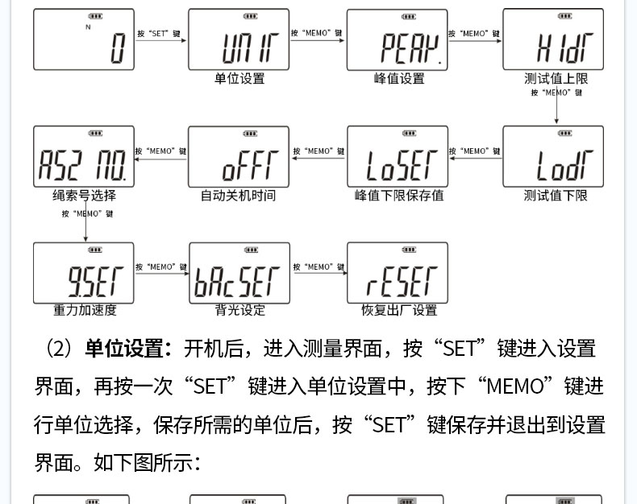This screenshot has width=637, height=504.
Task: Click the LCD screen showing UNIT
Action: (x=239, y=40)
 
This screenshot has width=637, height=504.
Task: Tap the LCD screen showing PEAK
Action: (x=397, y=40)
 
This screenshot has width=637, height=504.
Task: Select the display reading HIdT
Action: (x=553, y=40)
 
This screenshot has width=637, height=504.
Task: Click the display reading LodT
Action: (x=553, y=157)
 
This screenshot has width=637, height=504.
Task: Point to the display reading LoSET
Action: (x=397, y=157)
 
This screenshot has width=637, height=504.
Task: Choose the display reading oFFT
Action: (x=239, y=157)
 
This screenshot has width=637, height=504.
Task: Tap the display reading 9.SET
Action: (x=84, y=273)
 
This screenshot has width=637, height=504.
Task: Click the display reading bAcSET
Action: (x=239, y=273)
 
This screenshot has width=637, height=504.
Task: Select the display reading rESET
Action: (x=397, y=273)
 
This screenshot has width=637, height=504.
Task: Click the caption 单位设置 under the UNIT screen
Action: (x=239, y=79)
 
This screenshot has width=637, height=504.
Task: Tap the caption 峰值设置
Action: (x=398, y=79)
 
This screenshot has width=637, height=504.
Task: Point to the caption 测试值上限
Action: (x=556, y=79)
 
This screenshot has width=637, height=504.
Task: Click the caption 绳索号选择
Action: (x=84, y=196)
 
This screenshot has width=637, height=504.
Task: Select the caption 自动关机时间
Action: (x=238, y=196)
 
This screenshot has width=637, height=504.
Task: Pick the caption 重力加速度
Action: (x=85, y=310)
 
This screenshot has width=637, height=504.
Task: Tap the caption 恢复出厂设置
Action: (x=398, y=310)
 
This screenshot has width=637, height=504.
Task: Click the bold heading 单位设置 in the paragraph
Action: (x=128, y=349)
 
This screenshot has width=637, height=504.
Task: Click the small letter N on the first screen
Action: (x=88, y=27)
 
